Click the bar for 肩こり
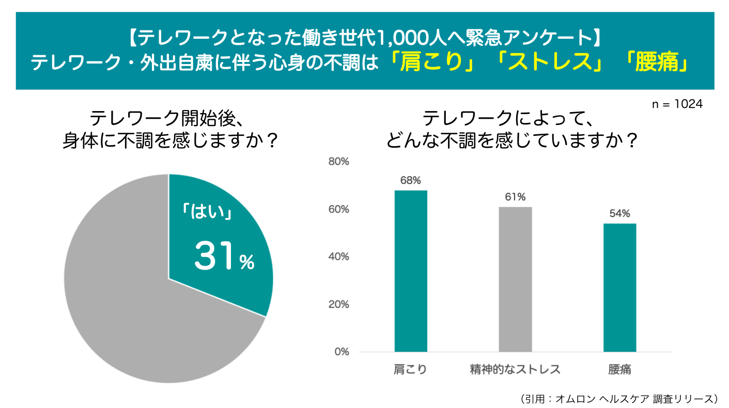point(411,271)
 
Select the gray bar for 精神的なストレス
point(515,279)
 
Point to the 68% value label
point(411,180)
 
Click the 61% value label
point(515,197)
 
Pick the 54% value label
point(619,213)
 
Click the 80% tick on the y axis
point(339,162)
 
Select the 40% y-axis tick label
point(339,257)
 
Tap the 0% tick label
point(342,352)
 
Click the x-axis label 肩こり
point(411,369)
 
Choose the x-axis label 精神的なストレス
point(515,369)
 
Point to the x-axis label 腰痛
point(619,369)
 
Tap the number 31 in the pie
point(214,257)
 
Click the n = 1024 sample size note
point(677,104)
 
